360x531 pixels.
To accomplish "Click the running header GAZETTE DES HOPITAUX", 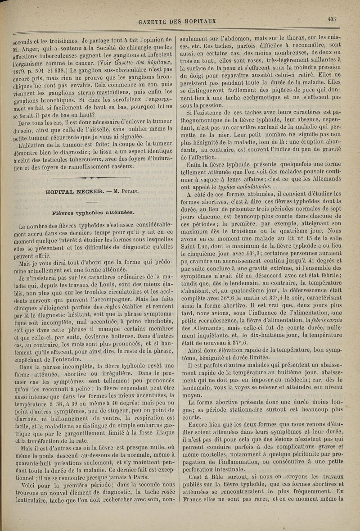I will [178, 21].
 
